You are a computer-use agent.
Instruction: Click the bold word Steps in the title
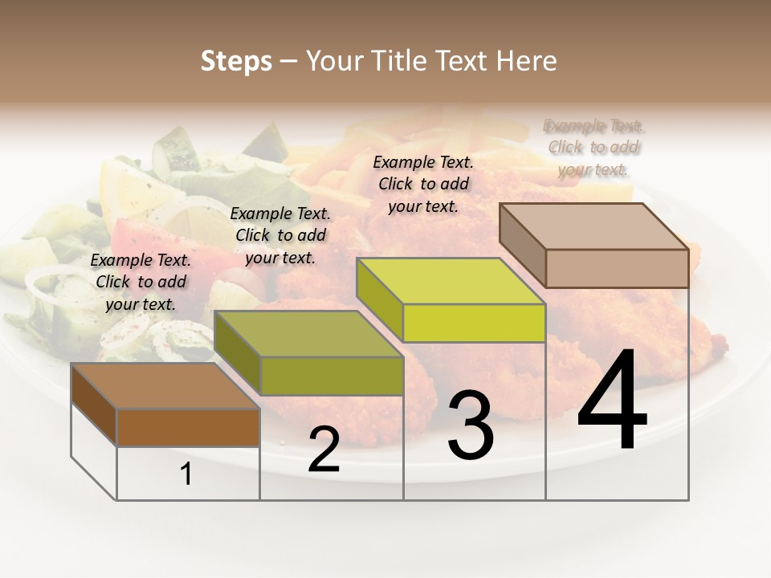pos(236,61)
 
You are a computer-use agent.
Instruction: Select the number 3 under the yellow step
pos(471,425)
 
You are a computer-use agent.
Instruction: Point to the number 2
pos(324,450)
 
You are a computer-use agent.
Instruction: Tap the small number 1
pos(186,474)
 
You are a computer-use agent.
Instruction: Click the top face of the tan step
pos(594,226)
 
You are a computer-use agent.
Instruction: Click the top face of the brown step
pos(165,386)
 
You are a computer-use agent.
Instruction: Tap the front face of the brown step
pos(188,427)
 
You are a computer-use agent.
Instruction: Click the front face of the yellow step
pos(474,323)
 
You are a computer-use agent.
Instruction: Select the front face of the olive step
pos(332,376)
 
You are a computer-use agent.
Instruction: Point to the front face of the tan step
pos(617,268)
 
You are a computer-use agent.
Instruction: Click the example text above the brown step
pos(141,282)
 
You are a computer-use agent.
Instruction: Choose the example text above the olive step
pos(280,235)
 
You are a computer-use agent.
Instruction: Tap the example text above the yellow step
pos(423,184)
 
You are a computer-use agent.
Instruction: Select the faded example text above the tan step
pos(594,148)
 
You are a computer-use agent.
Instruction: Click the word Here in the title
pos(527,61)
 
